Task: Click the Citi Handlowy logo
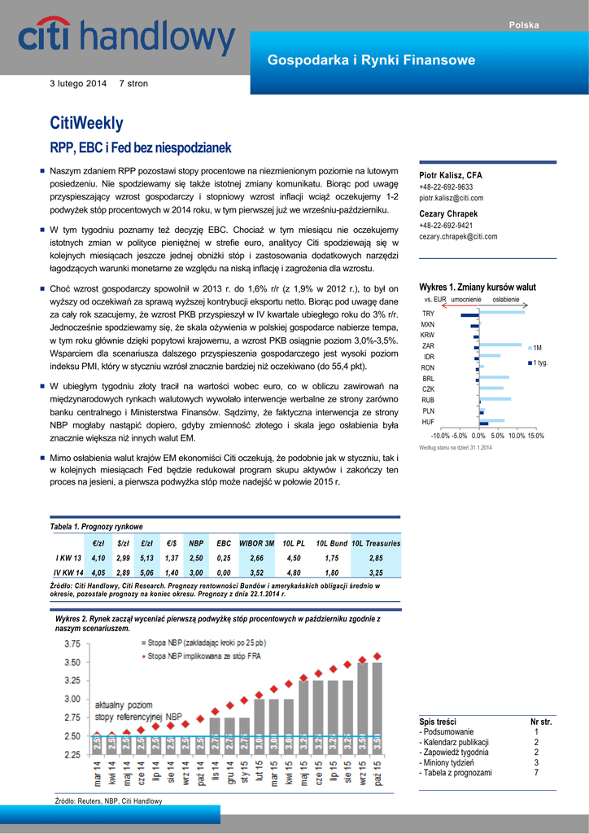126,39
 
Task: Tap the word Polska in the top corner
524,25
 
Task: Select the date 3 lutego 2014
78,84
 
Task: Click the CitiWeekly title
87,123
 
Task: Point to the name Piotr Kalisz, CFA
451,176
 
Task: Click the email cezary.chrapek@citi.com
458,236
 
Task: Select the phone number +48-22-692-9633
446,187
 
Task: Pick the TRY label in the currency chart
428,314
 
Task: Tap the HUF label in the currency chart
428,422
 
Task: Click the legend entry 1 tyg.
539,362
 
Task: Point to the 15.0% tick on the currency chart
534,437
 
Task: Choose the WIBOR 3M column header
256,542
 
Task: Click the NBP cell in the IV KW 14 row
196,573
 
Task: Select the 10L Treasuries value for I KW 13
376,558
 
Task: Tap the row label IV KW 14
68,573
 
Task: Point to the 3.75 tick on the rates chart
72,643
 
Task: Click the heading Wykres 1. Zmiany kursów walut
477,288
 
